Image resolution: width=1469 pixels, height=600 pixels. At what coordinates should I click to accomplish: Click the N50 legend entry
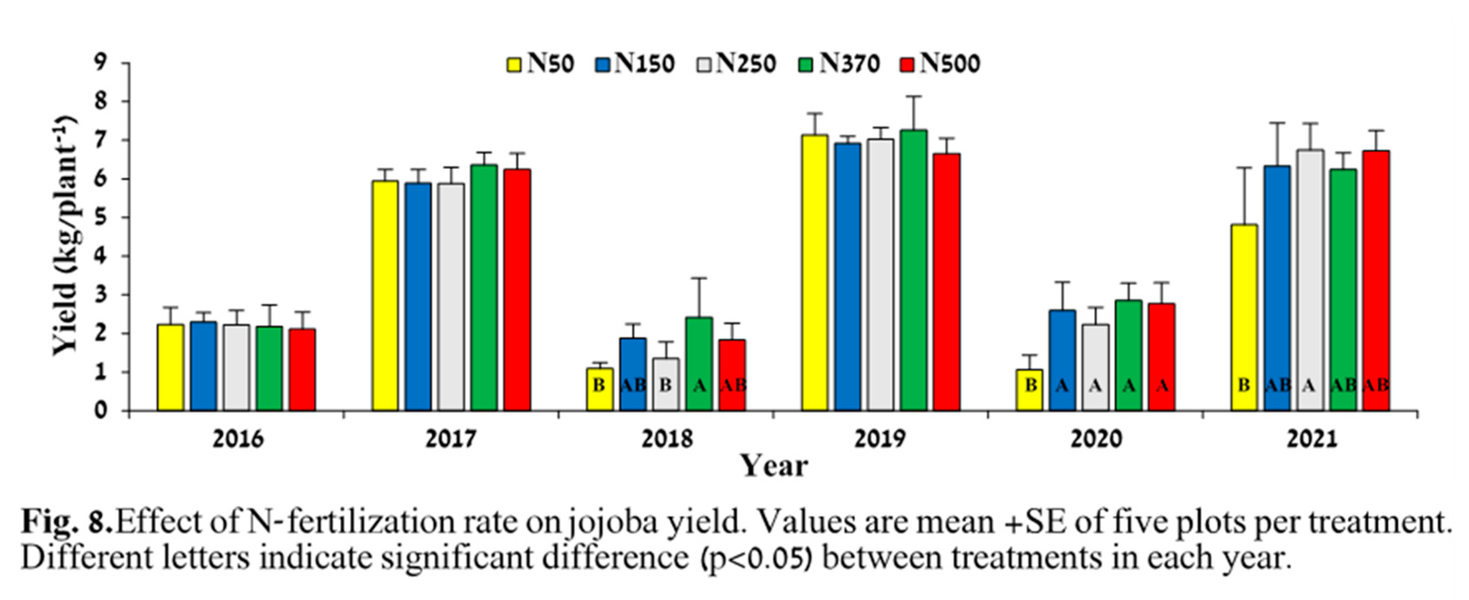pyautogui.click(x=540, y=64)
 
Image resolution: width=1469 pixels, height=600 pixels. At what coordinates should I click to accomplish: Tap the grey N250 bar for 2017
pyautogui.click(x=451, y=296)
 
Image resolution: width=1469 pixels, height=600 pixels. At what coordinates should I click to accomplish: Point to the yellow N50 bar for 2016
pyautogui.click(x=171, y=367)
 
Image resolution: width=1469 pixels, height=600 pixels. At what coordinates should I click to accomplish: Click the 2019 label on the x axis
pyautogui.click(x=880, y=440)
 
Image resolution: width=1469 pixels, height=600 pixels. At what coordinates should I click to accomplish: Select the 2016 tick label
pyautogui.click(x=238, y=440)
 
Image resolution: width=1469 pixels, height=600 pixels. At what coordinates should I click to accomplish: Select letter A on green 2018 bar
pyautogui.click(x=699, y=386)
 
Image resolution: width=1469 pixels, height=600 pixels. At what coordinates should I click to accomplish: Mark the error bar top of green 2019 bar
pyautogui.click(x=914, y=96)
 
